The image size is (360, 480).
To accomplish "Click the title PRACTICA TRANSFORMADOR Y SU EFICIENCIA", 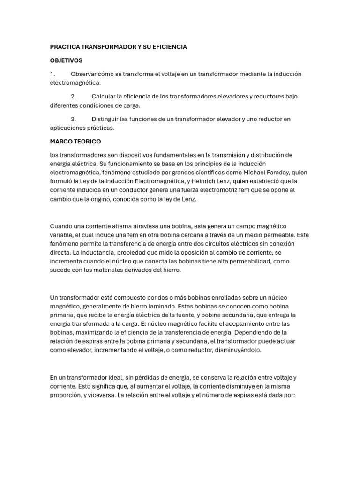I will click(118, 47).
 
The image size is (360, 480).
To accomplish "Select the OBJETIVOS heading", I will click(66, 60).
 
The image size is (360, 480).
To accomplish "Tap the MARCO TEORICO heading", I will click(75, 141).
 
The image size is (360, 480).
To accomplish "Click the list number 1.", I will click(52, 74).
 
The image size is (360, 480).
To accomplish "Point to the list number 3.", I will click(74, 119).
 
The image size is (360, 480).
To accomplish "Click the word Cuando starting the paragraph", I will click(61, 226).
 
